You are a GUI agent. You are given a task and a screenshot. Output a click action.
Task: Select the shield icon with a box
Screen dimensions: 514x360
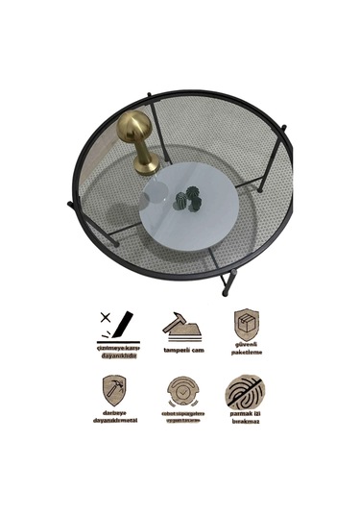pos(246,323)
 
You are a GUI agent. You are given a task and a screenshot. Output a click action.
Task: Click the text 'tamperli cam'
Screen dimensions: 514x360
pos(181,351)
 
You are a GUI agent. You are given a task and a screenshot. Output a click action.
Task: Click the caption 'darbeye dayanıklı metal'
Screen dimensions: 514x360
pos(115,417)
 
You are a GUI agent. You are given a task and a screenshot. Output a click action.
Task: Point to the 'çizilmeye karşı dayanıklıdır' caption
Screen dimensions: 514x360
pos(116,352)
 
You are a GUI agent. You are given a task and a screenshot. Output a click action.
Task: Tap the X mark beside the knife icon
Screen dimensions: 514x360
pos(103,316)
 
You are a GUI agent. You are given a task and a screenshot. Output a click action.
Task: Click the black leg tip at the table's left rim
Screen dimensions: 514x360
pos(71,205)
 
